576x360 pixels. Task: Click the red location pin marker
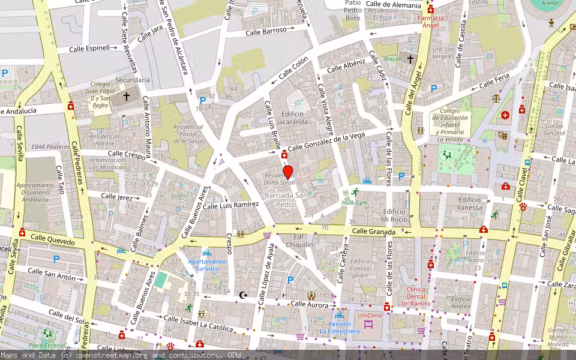(x=287, y=172)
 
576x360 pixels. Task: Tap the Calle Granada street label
(x=373, y=232)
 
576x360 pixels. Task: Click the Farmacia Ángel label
(x=431, y=22)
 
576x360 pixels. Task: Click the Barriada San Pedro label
(x=286, y=200)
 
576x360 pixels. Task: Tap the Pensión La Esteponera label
(x=340, y=327)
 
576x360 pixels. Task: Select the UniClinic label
(x=370, y=315)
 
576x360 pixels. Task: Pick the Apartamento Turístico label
(x=207, y=265)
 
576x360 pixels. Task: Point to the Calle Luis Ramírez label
(x=230, y=205)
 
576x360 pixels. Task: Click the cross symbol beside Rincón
(x=410, y=59)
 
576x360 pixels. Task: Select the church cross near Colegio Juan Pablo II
(x=126, y=95)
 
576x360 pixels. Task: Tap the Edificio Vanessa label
(x=470, y=204)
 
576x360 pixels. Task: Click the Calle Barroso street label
(x=266, y=31)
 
